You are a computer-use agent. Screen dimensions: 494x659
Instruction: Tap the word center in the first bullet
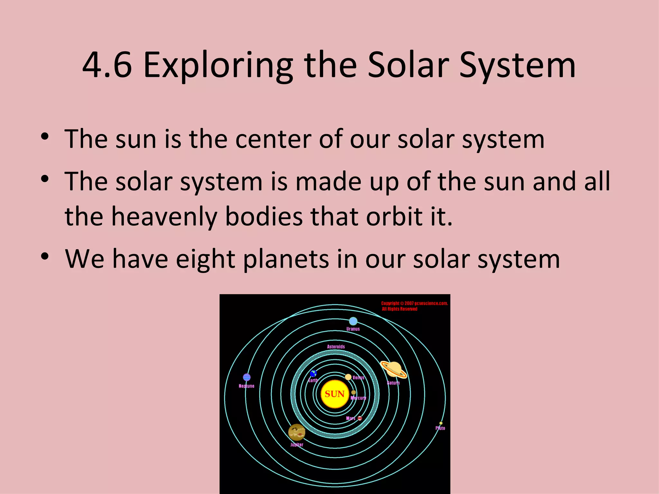tap(273, 139)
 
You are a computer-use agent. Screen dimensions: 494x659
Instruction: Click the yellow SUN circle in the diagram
tap(335, 394)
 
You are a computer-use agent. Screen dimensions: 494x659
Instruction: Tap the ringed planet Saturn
tap(394, 369)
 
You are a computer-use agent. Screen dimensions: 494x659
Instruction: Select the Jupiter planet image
tap(296, 432)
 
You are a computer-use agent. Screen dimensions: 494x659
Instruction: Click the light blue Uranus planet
tap(353, 321)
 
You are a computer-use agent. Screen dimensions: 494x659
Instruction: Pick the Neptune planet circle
tap(247, 377)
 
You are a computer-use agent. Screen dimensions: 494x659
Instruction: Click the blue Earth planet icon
tap(313, 373)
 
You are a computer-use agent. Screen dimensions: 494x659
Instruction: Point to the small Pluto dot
tap(441, 423)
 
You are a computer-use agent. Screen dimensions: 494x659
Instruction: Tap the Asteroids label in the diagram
tap(336, 347)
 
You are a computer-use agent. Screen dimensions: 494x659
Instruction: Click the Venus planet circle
tap(348, 377)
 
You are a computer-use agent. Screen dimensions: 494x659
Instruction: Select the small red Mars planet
tap(360, 418)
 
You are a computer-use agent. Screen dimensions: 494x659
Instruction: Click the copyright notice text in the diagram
tap(414, 306)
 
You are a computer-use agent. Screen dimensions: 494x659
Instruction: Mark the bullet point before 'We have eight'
tap(45, 257)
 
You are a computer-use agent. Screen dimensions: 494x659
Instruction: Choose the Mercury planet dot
tap(353, 392)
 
